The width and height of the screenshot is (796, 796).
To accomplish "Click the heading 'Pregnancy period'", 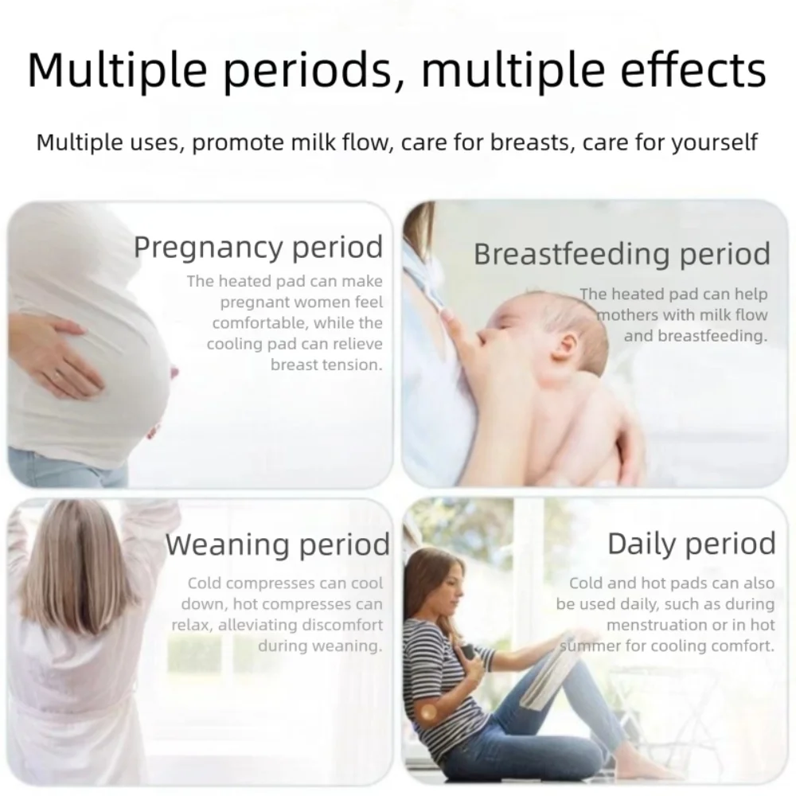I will [258, 248].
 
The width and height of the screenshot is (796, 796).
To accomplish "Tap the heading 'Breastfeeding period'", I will [622, 255].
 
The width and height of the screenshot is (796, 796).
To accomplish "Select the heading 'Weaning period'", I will [278, 545].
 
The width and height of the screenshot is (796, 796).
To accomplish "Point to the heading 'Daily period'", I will [691, 544].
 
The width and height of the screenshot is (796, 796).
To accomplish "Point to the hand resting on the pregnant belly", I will [56, 350].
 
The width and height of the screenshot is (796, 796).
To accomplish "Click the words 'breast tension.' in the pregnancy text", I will [326, 365].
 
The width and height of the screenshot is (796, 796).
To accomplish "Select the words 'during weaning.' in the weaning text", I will [320, 646].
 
